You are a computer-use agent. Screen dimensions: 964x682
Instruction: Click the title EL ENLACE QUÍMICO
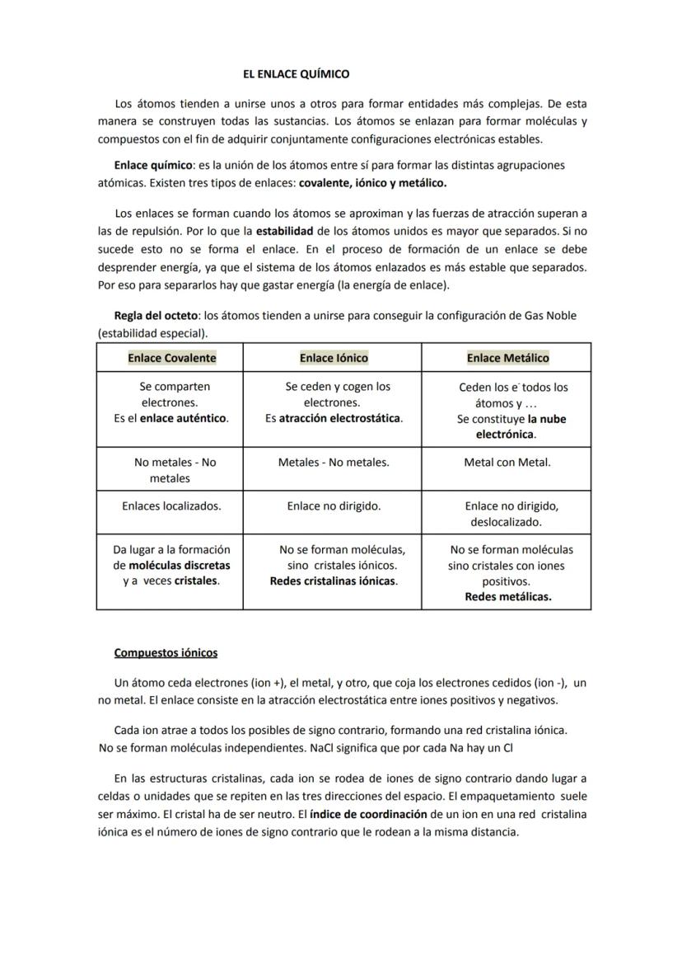[x=296, y=74]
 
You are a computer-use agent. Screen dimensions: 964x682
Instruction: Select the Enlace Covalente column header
[x=171, y=358]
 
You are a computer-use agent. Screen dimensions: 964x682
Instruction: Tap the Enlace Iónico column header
[x=334, y=358]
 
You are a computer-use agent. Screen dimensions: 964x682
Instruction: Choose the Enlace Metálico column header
[x=507, y=358]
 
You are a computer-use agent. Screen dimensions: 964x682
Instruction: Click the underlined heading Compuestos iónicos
[x=166, y=653]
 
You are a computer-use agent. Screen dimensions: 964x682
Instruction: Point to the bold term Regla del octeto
[x=156, y=316]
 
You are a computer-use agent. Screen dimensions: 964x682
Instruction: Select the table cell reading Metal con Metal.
[x=507, y=463]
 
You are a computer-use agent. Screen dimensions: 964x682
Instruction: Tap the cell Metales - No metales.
[x=334, y=463]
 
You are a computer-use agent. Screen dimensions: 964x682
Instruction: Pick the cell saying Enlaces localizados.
[x=171, y=506]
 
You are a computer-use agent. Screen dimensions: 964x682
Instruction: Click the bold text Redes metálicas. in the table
[x=507, y=597]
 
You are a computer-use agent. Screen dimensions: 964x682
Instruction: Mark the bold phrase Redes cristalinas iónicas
[x=334, y=581]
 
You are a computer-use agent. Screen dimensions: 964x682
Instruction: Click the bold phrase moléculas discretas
[x=180, y=566]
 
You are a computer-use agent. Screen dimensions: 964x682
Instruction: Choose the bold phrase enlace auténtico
[x=183, y=418]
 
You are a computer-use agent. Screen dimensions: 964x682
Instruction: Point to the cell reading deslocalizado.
[x=506, y=522]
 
